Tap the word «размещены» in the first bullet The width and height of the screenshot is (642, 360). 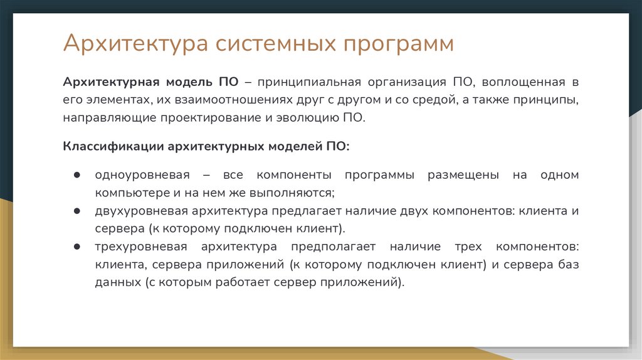pyautogui.click(x=463, y=175)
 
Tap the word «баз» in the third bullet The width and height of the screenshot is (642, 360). pyautogui.click(x=570, y=264)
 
